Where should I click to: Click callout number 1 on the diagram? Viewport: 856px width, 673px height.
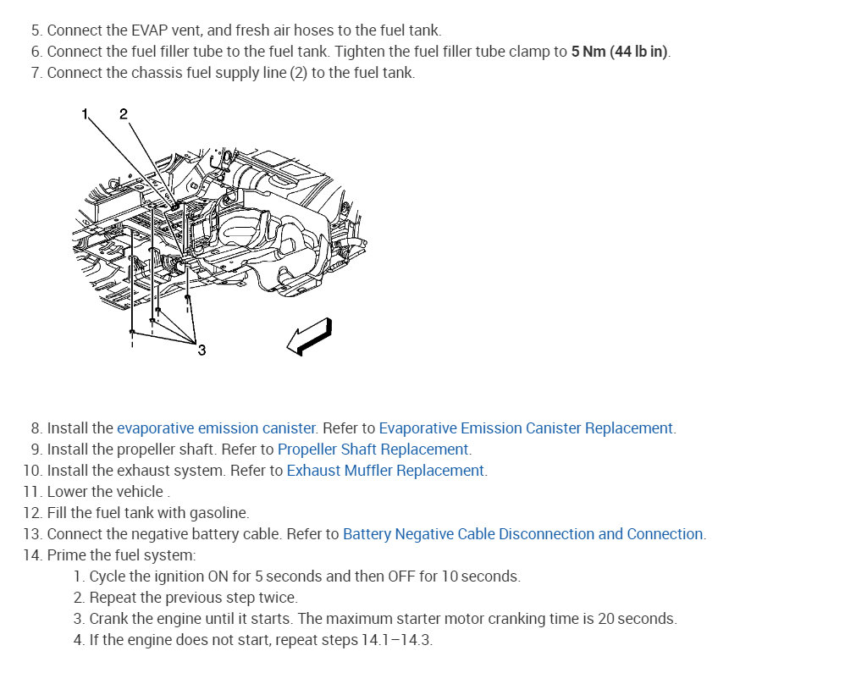[x=85, y=113]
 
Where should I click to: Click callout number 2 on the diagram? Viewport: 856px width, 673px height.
[x=124, y=113]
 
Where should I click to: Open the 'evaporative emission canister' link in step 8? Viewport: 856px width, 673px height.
[x=216, y=428]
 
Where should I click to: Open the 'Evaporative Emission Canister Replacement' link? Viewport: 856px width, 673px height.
[x=526, y=428]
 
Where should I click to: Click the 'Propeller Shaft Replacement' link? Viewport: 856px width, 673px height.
[x=373, y=450]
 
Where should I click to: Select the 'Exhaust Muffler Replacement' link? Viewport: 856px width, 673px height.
[x=385, y=471]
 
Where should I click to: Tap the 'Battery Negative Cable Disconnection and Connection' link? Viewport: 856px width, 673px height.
[x=523, y=534]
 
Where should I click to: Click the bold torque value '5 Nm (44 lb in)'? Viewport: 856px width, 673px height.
[x=620, y=52]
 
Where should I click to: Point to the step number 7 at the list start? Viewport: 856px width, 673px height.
[x=36, y=73]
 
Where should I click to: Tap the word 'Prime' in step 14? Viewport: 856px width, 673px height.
[x=65, y=555]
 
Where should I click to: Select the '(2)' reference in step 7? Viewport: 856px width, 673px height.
[x=298, y=73]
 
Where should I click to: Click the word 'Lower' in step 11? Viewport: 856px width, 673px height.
[x=68, y=492]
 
